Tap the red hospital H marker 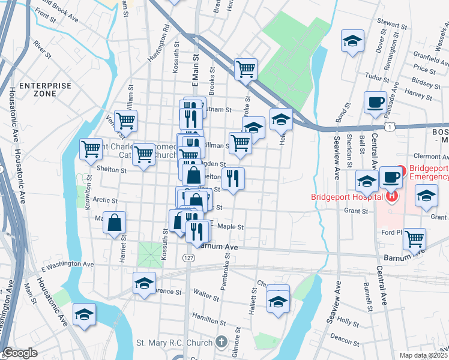391,196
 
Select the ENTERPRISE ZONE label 45,90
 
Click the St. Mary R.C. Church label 174,343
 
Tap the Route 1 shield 390,127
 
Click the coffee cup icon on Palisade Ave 375,101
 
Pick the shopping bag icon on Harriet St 113,223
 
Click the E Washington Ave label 67,264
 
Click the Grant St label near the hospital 356,211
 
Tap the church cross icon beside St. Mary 221,343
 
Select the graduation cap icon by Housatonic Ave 84,314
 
